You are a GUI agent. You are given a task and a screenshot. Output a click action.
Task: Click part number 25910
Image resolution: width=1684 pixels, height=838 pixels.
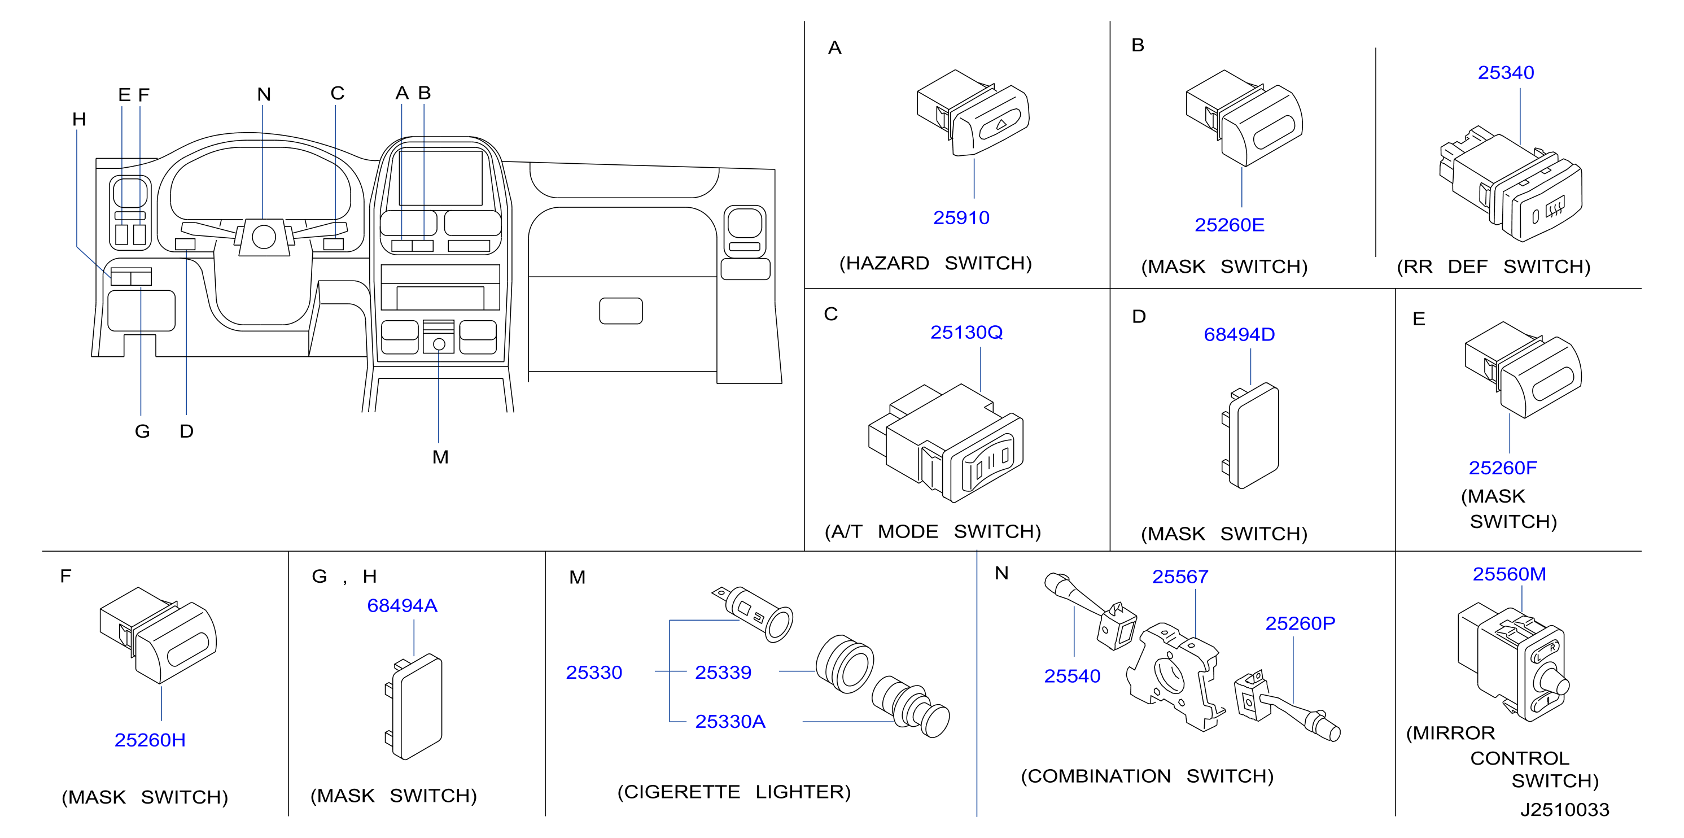coord(961,217)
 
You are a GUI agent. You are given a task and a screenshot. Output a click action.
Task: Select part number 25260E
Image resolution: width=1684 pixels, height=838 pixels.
coord(1229,225)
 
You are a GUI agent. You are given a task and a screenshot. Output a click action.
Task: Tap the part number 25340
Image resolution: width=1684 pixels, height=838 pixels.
coord(1506,72)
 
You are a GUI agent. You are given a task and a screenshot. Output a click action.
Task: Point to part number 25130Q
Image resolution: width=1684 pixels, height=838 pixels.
coord(966,333)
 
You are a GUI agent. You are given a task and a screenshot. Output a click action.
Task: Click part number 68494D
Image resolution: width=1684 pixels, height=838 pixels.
coord(1239,335)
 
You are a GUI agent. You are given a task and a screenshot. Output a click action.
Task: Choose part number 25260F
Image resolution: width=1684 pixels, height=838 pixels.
coord(1502,468)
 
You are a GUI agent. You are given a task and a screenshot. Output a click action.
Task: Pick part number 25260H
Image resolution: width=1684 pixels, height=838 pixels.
coord(150,740)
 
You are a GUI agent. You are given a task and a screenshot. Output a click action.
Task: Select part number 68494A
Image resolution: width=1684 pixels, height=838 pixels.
coord(402,606)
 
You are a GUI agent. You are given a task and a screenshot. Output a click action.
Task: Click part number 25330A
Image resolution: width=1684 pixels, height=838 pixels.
coord(729,722)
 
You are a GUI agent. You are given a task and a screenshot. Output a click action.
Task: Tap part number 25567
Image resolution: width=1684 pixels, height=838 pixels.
coord(1180,577)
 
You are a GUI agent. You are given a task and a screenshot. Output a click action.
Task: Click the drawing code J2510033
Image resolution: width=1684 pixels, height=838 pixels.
coord(1564,810)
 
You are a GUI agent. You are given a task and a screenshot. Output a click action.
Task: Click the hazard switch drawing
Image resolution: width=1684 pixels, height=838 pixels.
coord(973,113)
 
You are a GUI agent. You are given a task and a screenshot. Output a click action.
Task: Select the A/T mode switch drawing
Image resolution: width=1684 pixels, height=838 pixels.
coord(945,443)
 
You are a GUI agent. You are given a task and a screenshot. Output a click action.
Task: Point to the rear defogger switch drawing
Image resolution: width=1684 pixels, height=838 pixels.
coord(1510,184)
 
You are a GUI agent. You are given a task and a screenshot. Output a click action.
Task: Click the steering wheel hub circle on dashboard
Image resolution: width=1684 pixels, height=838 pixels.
coord(264,237)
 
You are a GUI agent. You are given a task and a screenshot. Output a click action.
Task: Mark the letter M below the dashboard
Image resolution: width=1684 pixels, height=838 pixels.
coord(440,457)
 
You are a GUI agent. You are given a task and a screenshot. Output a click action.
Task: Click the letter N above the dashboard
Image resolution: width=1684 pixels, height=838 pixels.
coord(264,95)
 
